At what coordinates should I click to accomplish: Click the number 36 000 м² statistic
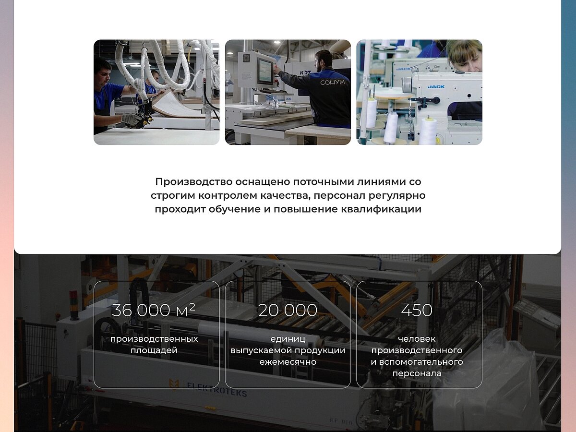pos(154,310)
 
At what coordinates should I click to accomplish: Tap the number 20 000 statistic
pos(288,310)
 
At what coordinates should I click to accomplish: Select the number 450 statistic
pos(417,310)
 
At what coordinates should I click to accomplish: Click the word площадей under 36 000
pos(154,350)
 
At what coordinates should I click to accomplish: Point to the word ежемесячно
pos(288,362)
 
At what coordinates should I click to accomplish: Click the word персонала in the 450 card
pos(417,373)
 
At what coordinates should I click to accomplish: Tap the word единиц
pos(288,339)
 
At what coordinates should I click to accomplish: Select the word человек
pos(417,339)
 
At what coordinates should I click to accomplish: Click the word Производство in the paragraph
pos(194,182)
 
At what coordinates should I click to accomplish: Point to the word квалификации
pos(381,209)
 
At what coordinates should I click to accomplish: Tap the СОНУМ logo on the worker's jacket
pos(332,83)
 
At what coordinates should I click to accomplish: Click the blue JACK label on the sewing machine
pos(436,86)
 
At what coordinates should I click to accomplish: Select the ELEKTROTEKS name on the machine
pos(217,389)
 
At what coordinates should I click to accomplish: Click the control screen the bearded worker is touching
pos(266,70)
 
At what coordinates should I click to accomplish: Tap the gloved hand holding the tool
pos(131,120)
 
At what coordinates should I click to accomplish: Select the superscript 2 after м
pos(192,306)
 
